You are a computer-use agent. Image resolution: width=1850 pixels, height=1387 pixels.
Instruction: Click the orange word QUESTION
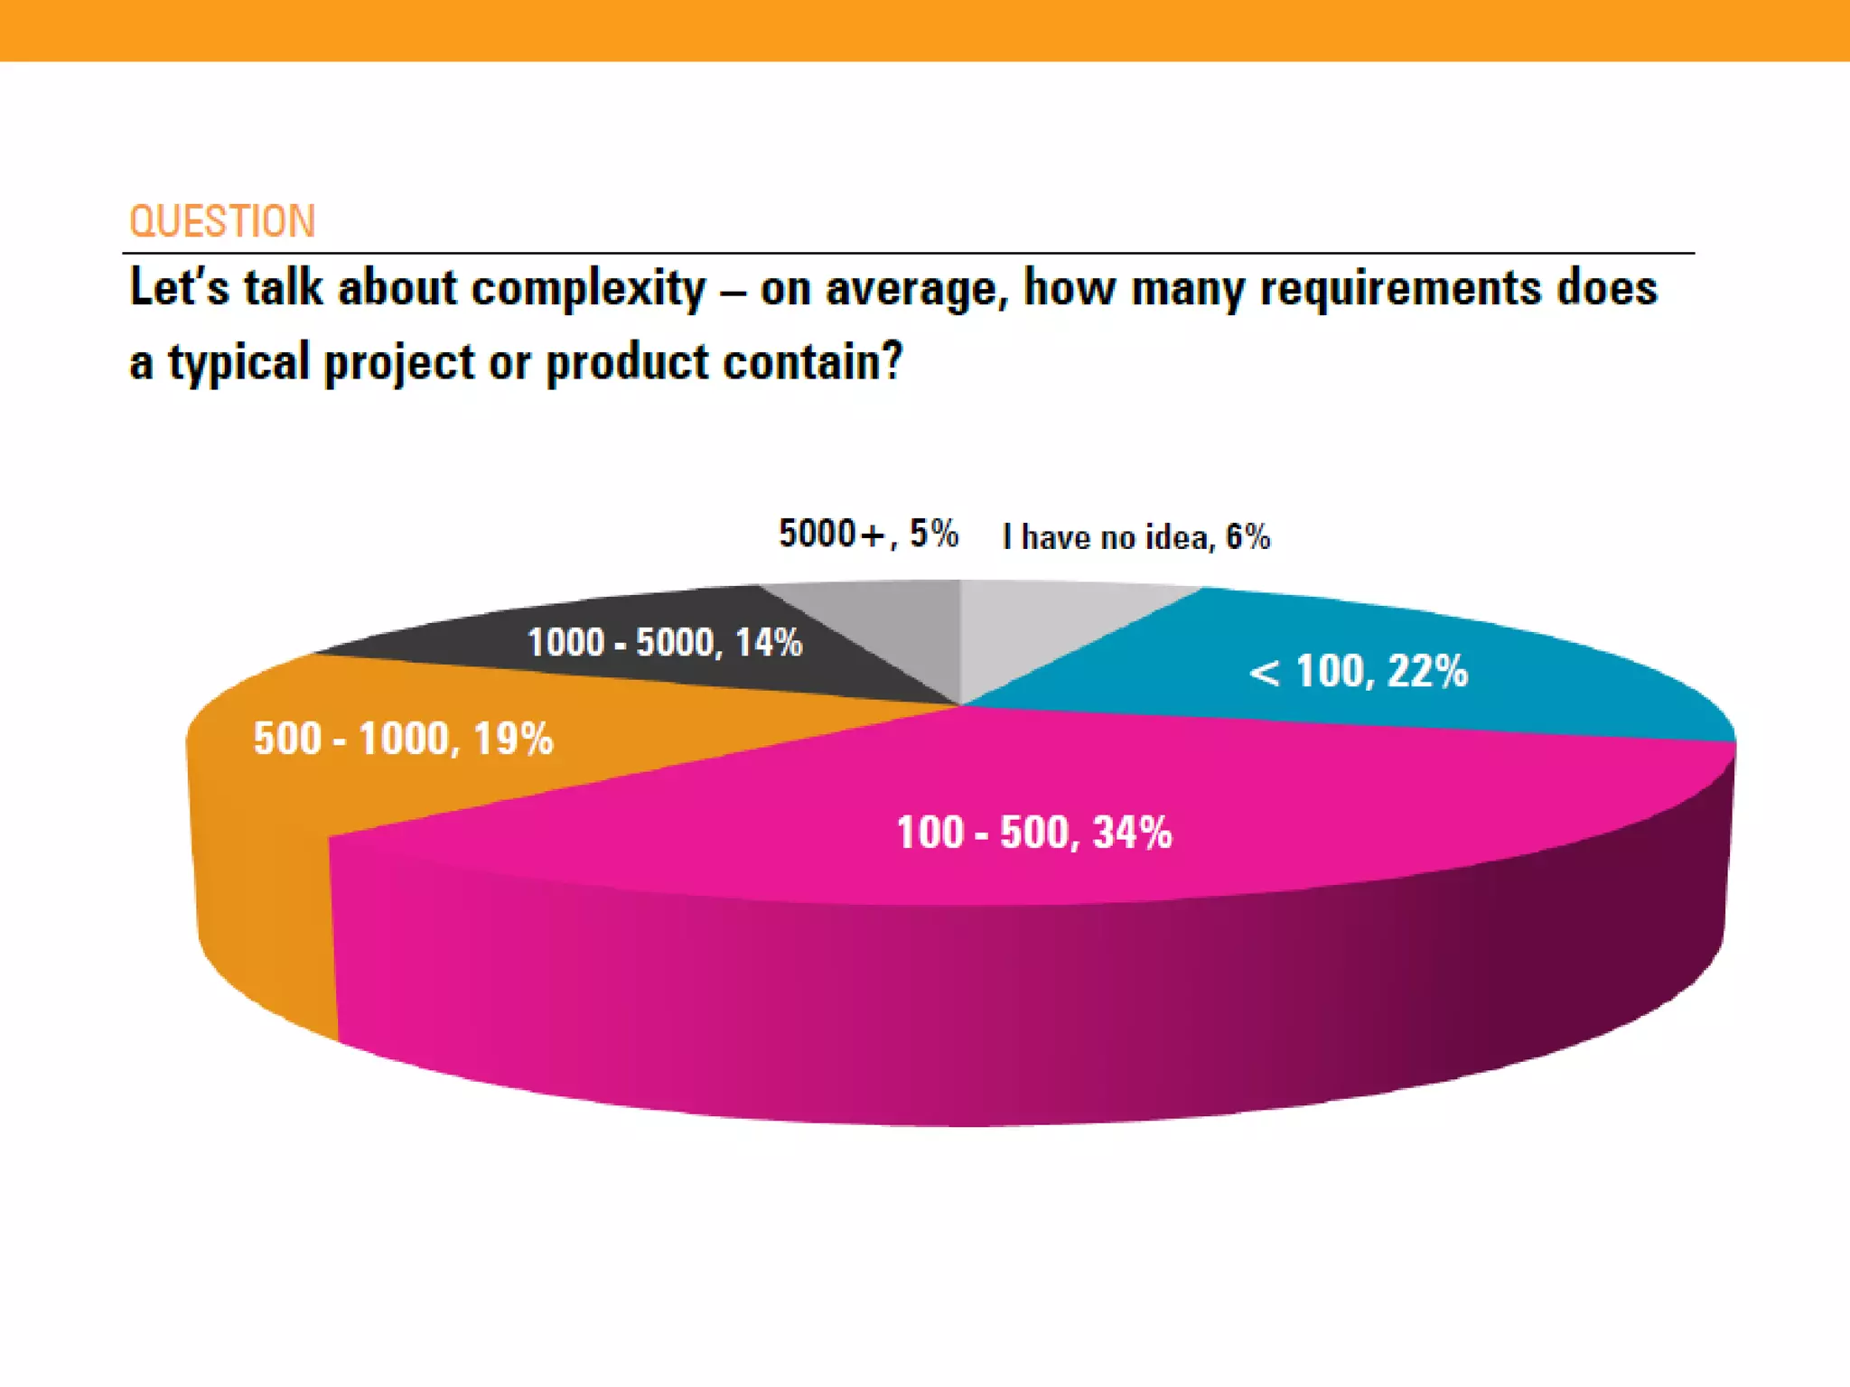tap(222, 221)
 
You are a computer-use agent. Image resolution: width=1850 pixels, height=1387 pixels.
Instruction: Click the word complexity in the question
tap(588, 289)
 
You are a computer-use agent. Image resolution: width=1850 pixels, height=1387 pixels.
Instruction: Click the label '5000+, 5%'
tap(868, 534)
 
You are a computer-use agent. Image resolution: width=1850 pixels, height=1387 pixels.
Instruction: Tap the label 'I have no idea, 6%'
tap(1136, 537)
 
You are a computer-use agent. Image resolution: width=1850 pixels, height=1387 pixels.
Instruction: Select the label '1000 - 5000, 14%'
tap(665, 643)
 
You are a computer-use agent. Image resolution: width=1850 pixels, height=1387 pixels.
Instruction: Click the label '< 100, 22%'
tap(1358, 672)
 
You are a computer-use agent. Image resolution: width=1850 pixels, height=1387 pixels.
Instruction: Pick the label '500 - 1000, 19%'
tap(403, 739)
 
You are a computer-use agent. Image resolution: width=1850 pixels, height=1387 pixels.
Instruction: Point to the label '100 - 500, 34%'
tap(1034, 832)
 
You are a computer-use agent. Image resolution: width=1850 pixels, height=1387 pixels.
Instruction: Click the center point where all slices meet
tap(961, 705)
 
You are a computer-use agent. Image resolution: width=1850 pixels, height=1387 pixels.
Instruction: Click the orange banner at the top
tap(925, 30)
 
